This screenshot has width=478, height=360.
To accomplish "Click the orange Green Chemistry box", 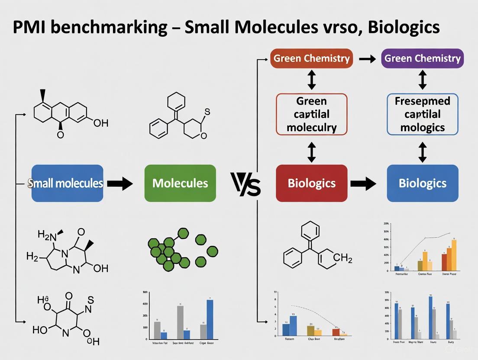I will [311, 58].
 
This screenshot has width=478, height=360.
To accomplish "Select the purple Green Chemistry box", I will [422, 58].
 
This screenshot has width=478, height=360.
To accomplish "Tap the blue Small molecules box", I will [67, 183].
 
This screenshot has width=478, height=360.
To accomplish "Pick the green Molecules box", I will [180, 183].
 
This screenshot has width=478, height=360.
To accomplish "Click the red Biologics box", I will [311, 183].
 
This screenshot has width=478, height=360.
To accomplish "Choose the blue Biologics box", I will [422, 183].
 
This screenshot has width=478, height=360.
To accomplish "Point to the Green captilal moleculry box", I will [311, 114].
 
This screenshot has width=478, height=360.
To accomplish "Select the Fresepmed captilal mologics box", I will [422, 114].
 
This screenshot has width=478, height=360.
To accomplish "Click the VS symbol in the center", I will [245, 183].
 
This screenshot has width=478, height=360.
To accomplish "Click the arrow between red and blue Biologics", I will [363, 183].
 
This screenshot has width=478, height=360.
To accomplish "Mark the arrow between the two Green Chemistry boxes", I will [367, 59].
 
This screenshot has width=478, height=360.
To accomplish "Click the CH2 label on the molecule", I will [343, 259].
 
